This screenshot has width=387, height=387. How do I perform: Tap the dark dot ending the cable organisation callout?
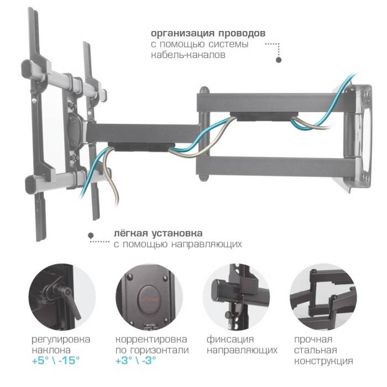pos(279,60)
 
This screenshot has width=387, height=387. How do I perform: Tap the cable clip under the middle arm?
pos(140,148)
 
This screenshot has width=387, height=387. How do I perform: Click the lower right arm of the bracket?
pos(271,166)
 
